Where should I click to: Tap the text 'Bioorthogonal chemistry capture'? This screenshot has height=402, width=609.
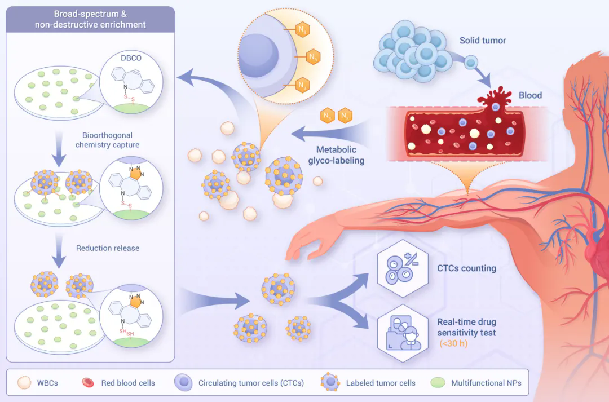(x=107, y=140)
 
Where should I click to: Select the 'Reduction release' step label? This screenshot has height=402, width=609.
(x=107, y=248)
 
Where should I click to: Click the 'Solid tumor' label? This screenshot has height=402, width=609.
(x=482, y=41)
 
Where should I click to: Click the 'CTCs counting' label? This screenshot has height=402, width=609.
(x=466, y=268)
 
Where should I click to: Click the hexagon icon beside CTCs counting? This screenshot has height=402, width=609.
(x=400, y=269)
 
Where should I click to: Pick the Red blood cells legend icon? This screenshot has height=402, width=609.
(x=89, y=383)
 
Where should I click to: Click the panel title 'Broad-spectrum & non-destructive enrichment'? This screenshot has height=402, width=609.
(x=90, y=19)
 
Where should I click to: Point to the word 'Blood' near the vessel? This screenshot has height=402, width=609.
(x=530, y=95)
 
